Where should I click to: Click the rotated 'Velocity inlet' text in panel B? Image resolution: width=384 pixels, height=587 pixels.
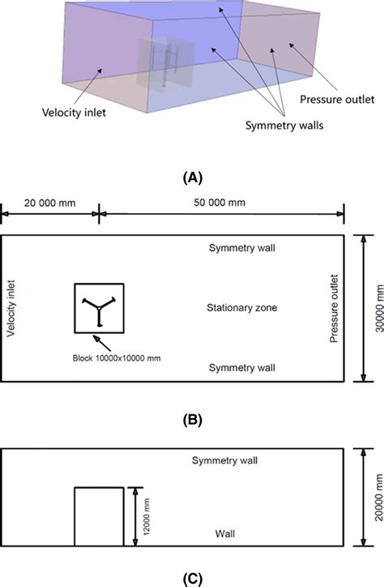pyautogui.click(x=11, y=308)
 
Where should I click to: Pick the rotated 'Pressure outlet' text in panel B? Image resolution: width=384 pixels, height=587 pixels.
pyautogui.click(x=333, y=308)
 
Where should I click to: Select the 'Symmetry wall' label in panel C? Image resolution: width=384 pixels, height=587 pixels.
pyautogui.click(x=224, y=461)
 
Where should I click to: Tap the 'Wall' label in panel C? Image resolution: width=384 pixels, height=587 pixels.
pyautogui.click(x=225, y=533)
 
